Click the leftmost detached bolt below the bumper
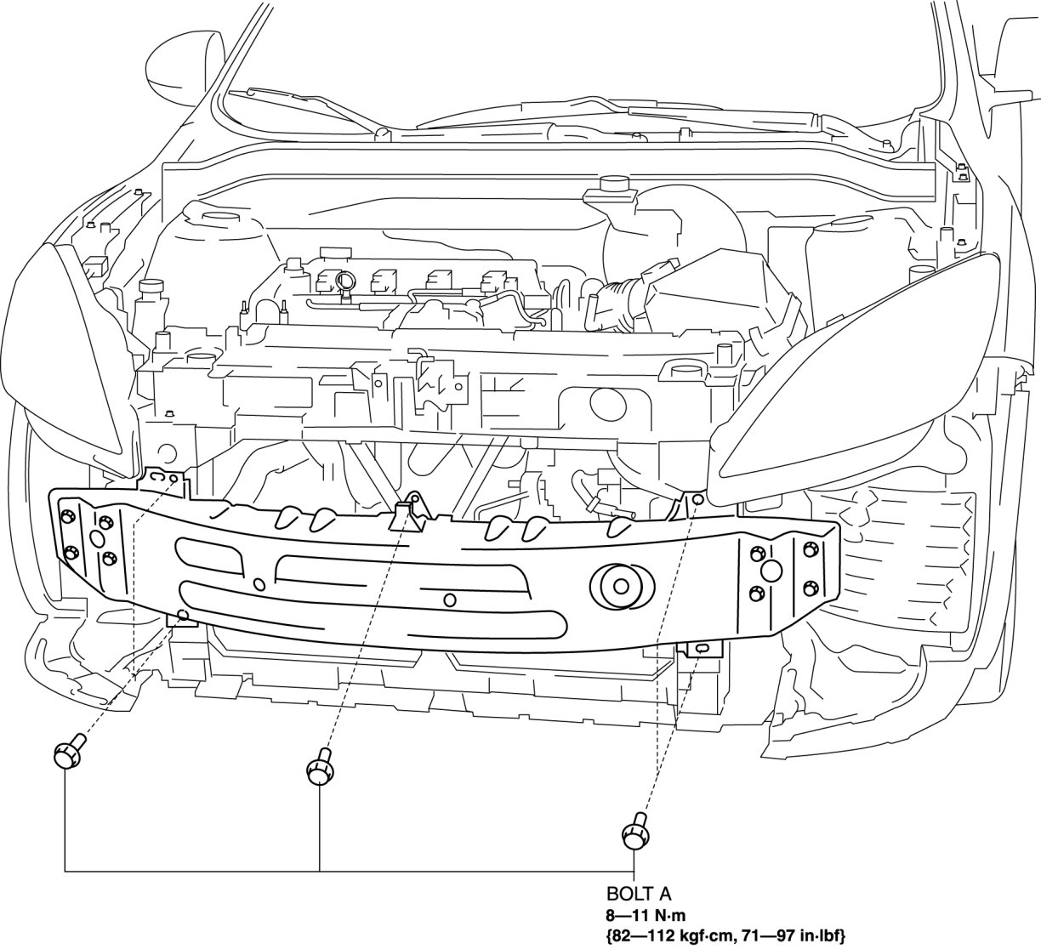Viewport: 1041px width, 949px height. coord(67,753)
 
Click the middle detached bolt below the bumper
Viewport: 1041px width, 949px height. coord(318,770)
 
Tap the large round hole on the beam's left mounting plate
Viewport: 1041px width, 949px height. coord(95,539)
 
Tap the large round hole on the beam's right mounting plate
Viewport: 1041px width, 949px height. coord(771,571)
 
